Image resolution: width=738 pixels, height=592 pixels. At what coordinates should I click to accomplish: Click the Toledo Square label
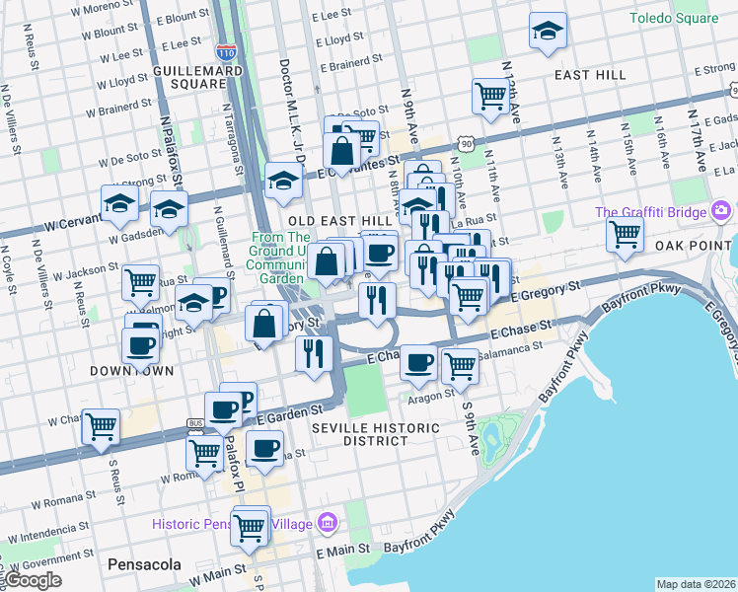click(674, 19)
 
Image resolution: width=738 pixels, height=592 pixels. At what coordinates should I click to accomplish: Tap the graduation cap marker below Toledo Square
click(548, 32)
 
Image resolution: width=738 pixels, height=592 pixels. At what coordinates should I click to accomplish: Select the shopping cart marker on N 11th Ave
click(489, 96)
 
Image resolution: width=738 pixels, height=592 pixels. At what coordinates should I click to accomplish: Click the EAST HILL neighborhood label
click(590, 75)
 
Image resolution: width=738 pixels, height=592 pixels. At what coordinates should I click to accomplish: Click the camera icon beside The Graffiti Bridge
click(721, 211)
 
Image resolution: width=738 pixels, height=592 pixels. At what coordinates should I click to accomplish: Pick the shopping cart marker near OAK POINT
click(625, 235)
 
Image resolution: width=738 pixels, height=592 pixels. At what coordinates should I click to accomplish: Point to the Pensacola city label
click(139, 564)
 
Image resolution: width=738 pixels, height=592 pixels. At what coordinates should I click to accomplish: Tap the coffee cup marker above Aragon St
click(419, 362)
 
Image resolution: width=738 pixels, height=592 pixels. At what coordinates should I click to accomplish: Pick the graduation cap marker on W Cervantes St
click(119, 204)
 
